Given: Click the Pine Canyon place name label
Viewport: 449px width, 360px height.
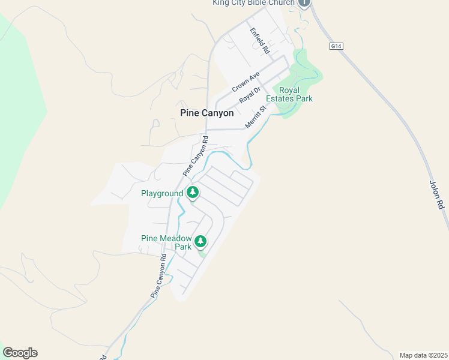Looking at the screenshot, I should [206, 113].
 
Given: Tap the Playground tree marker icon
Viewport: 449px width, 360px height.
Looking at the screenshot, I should [193, 193].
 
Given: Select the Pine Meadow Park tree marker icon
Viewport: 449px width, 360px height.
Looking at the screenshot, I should [200, 242].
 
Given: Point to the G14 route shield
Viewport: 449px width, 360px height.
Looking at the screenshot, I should [336, 46].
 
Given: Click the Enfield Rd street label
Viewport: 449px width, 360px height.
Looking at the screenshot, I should [259, 40].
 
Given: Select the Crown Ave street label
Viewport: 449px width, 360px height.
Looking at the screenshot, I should [246, 82].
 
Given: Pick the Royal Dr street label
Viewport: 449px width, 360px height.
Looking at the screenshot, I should [250, 95].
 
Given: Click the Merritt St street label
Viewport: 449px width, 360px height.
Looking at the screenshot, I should [255, 118].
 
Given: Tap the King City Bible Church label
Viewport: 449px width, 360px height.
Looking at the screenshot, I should [253, 3].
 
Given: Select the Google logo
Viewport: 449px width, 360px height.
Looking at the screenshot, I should [20, 353].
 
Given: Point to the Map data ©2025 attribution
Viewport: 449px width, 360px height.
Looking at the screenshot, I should [424, 355].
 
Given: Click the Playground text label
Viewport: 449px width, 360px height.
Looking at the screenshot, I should [161, 193].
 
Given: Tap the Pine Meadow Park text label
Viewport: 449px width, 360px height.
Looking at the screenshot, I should [166, 242].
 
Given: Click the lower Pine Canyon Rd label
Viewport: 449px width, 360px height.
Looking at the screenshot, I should [158, 276].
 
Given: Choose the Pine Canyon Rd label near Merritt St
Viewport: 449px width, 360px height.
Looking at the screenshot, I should [196, 156].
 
